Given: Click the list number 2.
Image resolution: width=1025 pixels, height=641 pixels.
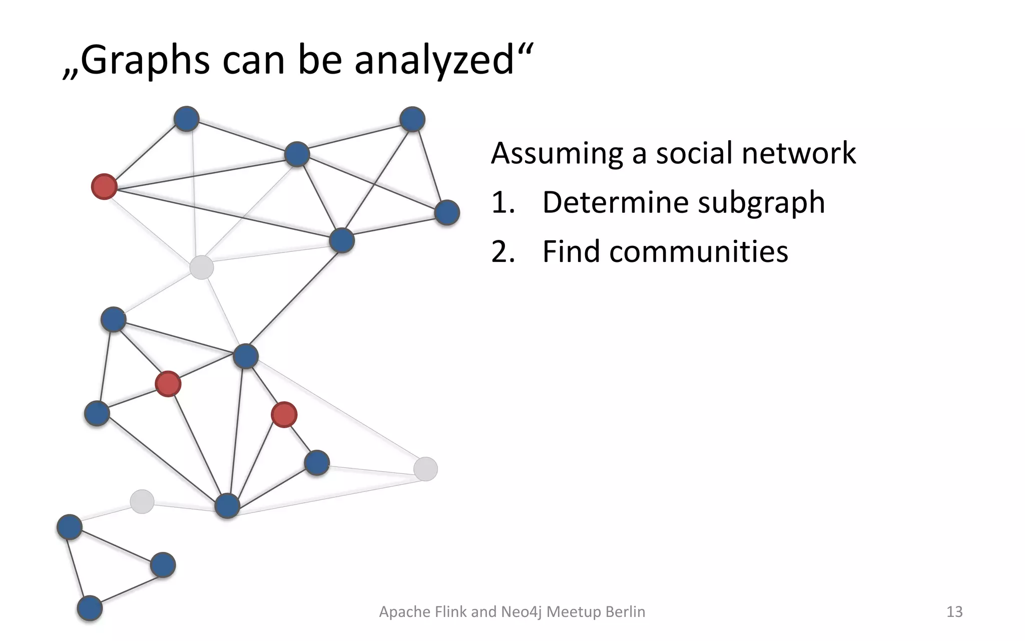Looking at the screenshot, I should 502,251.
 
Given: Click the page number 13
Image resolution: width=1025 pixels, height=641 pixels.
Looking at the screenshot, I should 954,611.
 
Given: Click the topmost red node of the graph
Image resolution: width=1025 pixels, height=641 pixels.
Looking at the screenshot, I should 104,187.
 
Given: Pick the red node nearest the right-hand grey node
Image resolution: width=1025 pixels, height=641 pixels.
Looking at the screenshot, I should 284,415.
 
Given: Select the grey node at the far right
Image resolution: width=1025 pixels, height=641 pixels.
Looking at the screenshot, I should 425,469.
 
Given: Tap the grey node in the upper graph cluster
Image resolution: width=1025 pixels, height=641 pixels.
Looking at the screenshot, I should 201,267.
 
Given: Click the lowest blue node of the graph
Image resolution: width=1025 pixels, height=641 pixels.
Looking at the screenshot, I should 90,608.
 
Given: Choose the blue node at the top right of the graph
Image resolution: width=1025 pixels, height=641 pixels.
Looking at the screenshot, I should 412,119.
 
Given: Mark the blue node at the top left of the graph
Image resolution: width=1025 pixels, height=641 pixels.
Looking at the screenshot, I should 186,119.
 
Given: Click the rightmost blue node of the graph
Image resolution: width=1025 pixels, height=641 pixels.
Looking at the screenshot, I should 446,212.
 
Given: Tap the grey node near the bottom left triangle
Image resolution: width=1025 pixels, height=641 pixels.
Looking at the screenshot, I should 142,501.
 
